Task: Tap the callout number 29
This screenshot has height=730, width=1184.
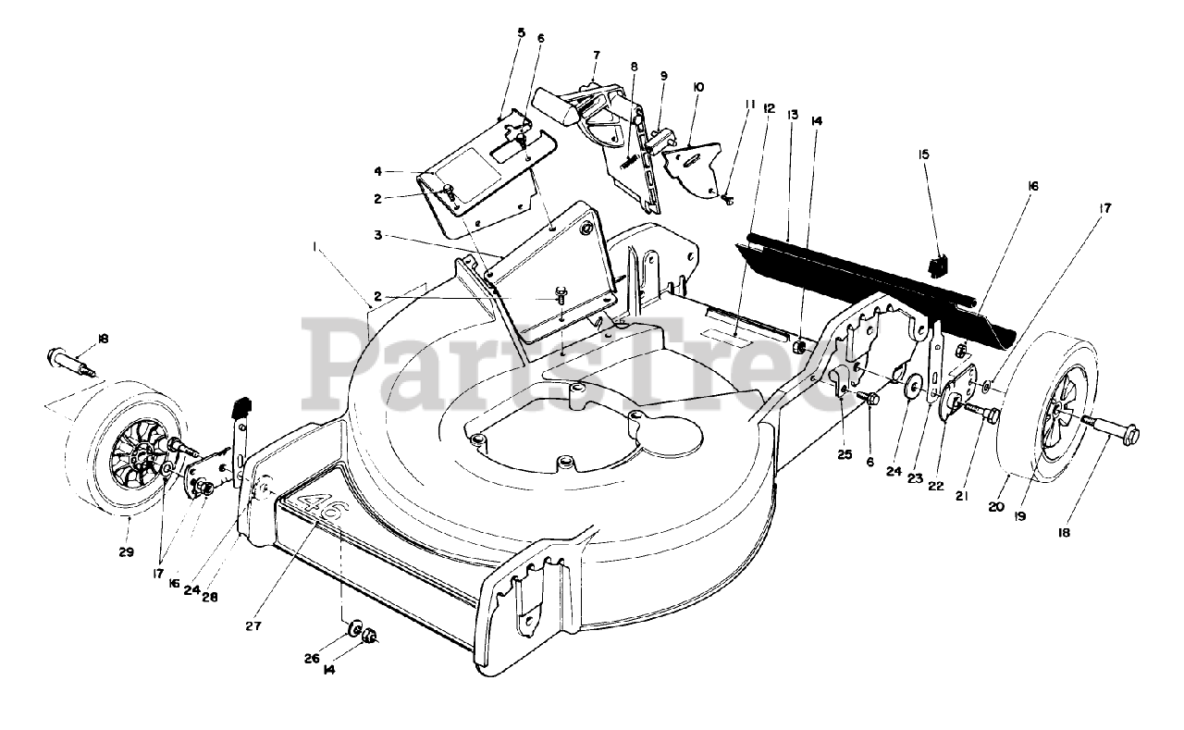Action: coord(126,552)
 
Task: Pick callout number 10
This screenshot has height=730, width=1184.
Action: coord(697,87)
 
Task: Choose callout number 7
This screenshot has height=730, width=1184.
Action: coord(597,55)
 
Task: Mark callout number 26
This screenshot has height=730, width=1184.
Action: coord(313,660)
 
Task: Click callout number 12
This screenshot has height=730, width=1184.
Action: coord(769,108)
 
